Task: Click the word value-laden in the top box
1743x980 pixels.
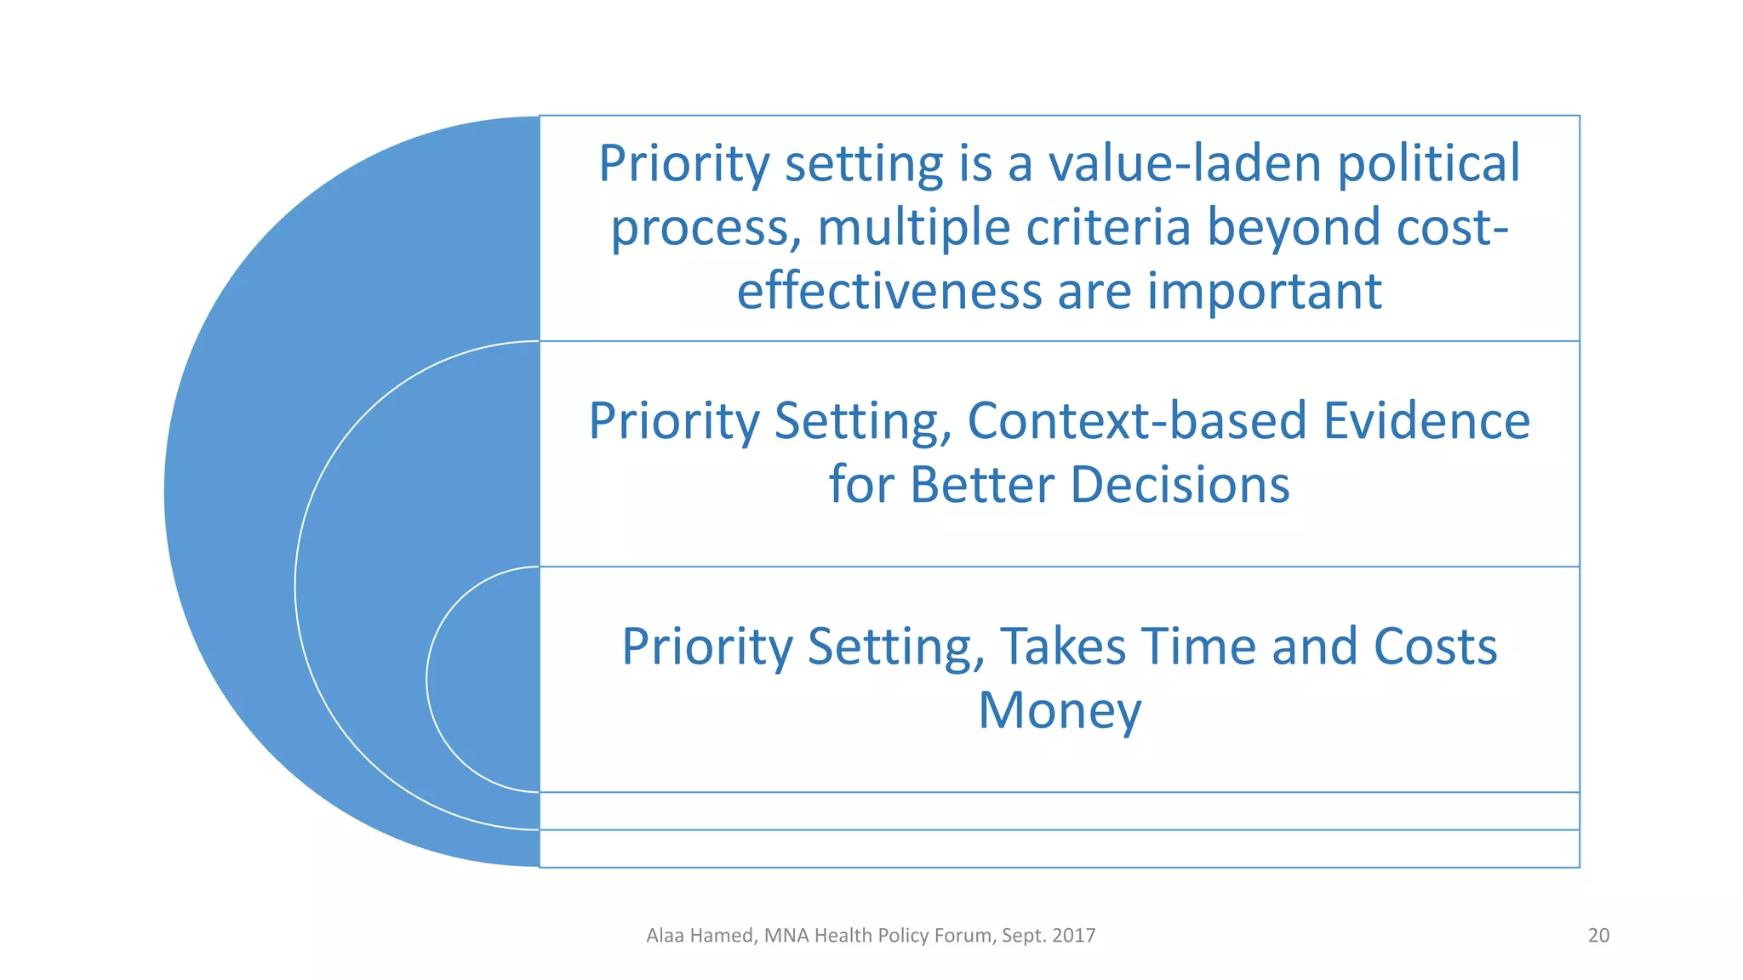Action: [x=1184, y=163]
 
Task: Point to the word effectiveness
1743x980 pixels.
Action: [x=889, y=291]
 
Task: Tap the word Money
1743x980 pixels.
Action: [x=1060, y=711]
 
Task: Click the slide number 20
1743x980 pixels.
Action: [x=1598, y=936]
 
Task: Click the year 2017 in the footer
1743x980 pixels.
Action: [x=1073, y=936]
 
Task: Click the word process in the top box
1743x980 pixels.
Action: [x=706, y=228]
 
